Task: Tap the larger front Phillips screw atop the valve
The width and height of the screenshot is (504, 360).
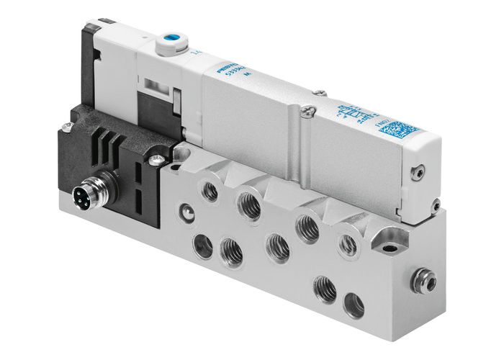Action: (309, 110)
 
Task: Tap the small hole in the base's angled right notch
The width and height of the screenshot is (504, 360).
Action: (390, 248)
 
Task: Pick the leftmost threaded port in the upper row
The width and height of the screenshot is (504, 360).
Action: (210, 191)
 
